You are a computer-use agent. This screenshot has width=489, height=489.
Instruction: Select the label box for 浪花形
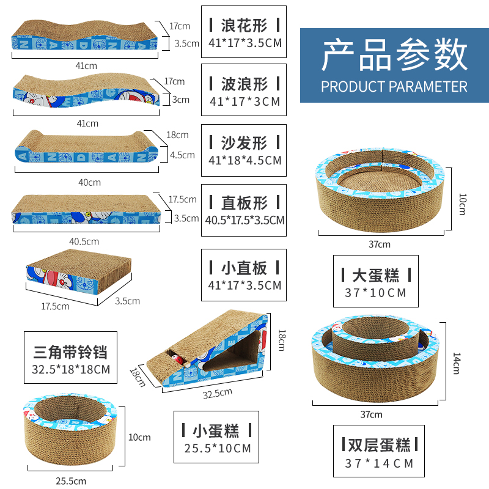point(244,32)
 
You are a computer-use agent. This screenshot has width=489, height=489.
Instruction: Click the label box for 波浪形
point(244,91)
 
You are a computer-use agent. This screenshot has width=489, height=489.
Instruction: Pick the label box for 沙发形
point(244,150)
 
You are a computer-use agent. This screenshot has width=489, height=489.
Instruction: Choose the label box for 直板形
point(244,210)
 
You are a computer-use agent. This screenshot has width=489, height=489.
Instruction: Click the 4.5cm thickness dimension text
point(183,155)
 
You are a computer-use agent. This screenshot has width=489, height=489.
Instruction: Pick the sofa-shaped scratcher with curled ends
point(86,149)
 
